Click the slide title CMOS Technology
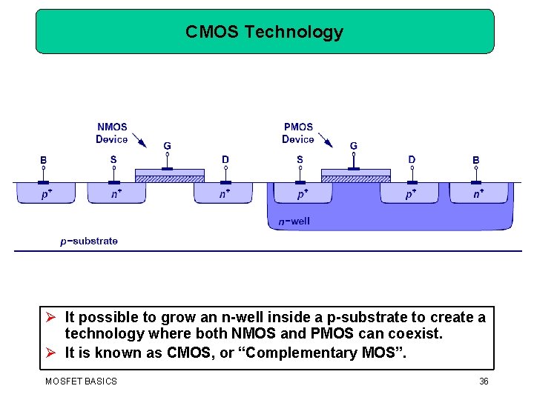click(x=264, y=32)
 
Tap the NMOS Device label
click(x=112, y=133)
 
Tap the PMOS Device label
click(x=298, y=133)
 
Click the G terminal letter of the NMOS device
click(x=168, y=146)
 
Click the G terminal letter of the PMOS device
click(x=354, y=146)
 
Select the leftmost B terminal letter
click(x=44, y=159)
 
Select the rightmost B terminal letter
click(x=476, y=159)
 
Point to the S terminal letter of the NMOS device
click(x=113, y=159)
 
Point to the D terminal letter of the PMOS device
click(x=412, y=159)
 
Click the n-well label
click(x=294, y=221)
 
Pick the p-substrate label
click(x=89, y=241)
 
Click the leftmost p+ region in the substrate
click(x=46, y=193)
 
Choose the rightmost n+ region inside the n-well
click(x=480, y=193)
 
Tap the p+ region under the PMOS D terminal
click(x=410, y=193)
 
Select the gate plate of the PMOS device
click(x=355, y=173)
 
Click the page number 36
click(x=484, y=381)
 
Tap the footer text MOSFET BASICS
click(x=81, y=381)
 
